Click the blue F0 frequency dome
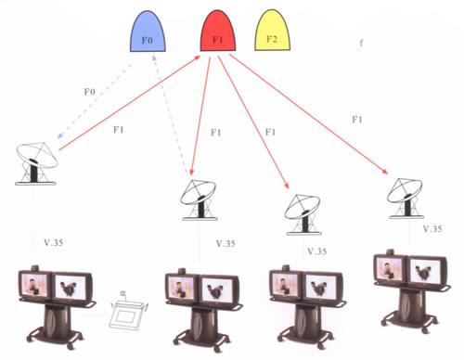click(x=148, y=32)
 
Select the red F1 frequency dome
click(x=218, y=32)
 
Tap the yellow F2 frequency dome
click(x=272, y=31)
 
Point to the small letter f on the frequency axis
click(x=361, y=43)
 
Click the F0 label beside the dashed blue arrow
click(x=90, y=92)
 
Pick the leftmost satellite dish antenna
click(x=36, y=164)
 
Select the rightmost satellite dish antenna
click(x=405, y=199)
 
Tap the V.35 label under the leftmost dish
click(x=54, y=242)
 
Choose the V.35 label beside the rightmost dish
click(x=432, y=229)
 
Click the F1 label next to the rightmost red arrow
click(x=357, y=120)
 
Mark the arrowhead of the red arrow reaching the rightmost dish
click(x=385, y=172)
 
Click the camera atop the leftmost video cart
click(x=35, y=268)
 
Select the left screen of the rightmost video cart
click(x=389, y=268)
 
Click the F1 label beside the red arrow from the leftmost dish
click(x=119, y=130)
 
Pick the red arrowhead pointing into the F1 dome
click(x=198, y=58)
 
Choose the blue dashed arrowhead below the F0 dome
click(x=154, y=58)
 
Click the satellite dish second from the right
click(x=303, y=214)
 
